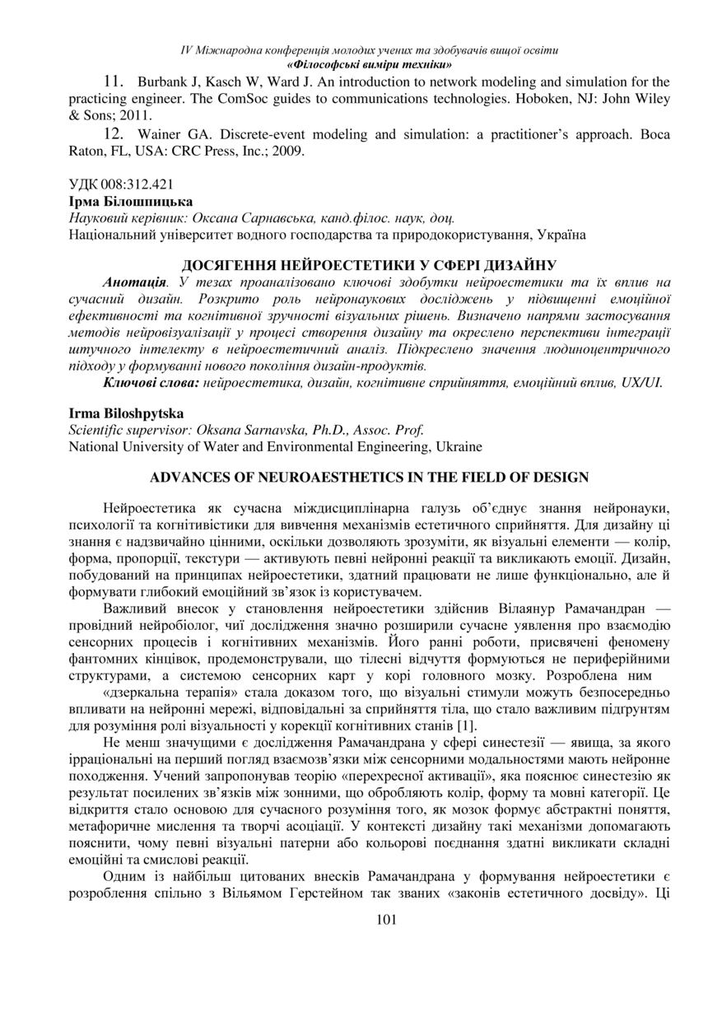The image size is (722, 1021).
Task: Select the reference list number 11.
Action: pyautogui.click(x=114, y=82)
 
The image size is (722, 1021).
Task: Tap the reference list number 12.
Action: pyautogui.click(x=114, y=134)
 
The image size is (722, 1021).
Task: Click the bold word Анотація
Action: pyautogui.click(x=129, y=282)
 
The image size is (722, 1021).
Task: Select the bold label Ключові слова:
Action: pyautogui.click(x=151, y=383)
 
